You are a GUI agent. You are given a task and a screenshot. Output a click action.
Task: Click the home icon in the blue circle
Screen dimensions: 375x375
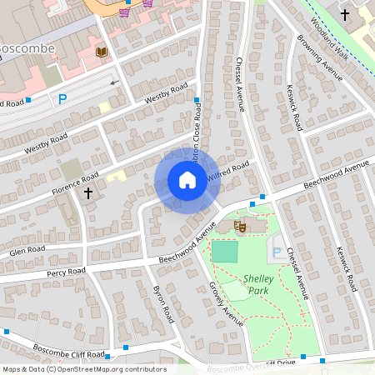coord(187,179)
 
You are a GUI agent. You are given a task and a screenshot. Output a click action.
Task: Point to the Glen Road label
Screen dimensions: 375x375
coord(27,250)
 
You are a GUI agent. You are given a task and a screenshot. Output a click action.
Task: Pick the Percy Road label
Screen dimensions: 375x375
coord(66,272)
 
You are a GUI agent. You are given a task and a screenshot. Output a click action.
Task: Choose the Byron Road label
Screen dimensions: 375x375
coord(163,303)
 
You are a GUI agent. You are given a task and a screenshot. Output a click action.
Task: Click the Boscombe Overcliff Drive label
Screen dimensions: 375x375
coord(252,364)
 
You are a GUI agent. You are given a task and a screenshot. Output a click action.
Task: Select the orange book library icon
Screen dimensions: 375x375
coord(102,52)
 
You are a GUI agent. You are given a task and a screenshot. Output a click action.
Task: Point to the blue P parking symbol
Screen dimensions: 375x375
coord(62,99)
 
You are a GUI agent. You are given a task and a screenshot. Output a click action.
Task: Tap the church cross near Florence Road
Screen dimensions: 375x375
coord(87,192)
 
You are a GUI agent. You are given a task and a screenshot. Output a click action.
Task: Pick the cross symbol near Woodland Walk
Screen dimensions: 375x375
coord(345,14)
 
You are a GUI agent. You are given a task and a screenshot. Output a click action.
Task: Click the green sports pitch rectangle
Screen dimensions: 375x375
coord(223,251)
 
